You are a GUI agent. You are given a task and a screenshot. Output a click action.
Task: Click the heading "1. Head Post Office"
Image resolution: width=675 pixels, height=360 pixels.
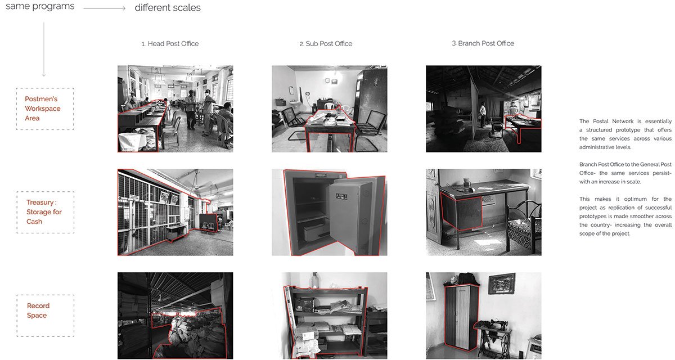pyautogui.click(x=170, y=44)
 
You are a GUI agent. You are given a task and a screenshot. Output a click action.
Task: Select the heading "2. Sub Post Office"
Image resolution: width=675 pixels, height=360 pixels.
pyautogui.click(x=326, y=44)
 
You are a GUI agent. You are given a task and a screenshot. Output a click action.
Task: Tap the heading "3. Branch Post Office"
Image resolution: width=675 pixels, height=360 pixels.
pyautogui.click(x=483, y=43)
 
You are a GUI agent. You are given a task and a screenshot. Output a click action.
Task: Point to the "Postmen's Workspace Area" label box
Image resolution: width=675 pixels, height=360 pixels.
pyautogui.click(x=45, y=109)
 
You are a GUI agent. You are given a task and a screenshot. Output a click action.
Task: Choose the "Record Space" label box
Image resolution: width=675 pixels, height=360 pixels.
pyautogui.click(x=45, y=316)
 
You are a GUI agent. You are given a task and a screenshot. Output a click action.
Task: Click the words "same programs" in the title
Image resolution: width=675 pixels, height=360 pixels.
pyautogui.click(x=40, y=6)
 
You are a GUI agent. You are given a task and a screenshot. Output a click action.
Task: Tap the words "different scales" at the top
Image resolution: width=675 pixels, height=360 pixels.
pyautogui.click(x=168, y=7)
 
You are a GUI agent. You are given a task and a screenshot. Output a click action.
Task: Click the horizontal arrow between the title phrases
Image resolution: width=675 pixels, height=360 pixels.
pyautogui.click(x=104, y=8)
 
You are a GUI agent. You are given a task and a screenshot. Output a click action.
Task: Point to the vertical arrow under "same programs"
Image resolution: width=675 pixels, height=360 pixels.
pyautogui.click(x=44, y=49)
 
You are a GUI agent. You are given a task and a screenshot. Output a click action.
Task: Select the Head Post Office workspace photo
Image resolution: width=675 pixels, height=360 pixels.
pyautogui.click(x=175, y=109)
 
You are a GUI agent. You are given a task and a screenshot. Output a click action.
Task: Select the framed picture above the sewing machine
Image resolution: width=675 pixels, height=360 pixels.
pyautogui.click(x=502, y=283)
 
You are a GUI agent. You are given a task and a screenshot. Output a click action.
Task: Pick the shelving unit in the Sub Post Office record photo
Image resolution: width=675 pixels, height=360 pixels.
pyautogui.click(x=326, y=321)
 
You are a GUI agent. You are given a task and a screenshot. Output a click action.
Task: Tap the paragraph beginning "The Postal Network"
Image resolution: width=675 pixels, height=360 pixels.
pyautogui.click(x=625, y=134)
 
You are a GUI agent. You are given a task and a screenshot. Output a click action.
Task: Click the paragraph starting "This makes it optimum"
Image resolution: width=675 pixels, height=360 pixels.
pyautogui.click(x=625, y=216)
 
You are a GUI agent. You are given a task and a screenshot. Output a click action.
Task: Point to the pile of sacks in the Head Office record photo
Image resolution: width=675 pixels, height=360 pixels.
pyautogui.click(x=189, y=334)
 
